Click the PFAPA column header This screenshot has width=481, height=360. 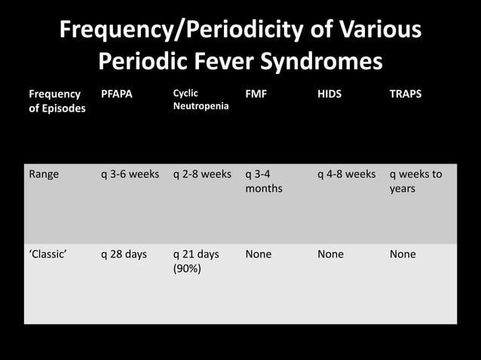tap(117, 94)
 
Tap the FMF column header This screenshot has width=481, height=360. tap(256, 94)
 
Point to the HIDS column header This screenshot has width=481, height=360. tap(330, 94)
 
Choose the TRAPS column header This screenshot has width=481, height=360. tap(406, 94)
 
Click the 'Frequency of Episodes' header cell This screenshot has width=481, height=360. tap(57, 101)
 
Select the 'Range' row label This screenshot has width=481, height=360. tap(44, 174)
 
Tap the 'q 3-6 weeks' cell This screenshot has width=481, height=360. tap(130, 174)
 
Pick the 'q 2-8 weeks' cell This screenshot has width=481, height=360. tap(202, 174)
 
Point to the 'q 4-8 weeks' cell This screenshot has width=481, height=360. tap(346, 174)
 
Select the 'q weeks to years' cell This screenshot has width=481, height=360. tap(415, 181)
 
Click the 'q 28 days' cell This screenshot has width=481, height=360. tap(124, 254)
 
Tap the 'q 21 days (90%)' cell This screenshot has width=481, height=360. tap(196, 261)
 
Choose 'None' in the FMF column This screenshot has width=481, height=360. tap(259, 254)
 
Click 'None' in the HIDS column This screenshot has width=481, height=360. tap(330, 254)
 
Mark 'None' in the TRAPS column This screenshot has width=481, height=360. tap(403, 254)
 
